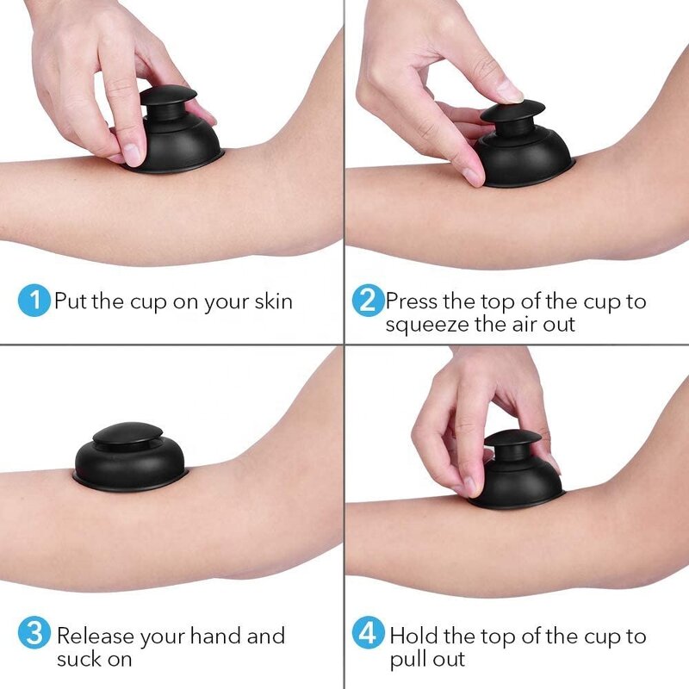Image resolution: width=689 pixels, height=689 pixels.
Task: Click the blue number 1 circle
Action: click(x=34, y=301)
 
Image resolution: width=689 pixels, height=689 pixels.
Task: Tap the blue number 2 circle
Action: click(x=368, y=301)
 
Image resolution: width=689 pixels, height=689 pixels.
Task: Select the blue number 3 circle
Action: click(x=34, y=635)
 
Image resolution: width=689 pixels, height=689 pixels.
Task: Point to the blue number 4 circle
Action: click(x=368, y=635)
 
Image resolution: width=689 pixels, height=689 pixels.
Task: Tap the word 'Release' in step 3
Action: click(x=95, y=636)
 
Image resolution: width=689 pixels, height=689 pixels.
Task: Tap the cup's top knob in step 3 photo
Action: click(x=127, y=434)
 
